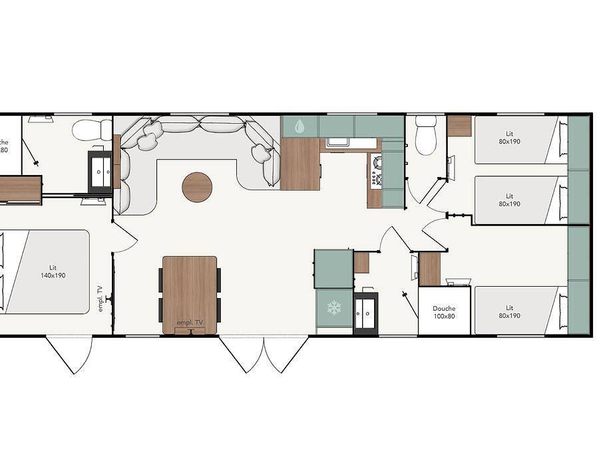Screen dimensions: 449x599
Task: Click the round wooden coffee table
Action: (197, 187)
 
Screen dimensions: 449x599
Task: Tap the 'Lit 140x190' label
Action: (53, 271)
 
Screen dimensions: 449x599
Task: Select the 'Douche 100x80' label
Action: (444, 312)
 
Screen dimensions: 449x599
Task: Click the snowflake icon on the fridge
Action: (333, 307)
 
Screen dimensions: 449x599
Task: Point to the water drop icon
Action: (299, 126)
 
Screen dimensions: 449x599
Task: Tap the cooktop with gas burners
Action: (377, 170)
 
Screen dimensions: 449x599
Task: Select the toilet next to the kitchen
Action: (425, 136)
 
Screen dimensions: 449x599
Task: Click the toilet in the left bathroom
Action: (93, 130)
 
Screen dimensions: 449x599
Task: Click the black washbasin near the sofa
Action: (100, 172)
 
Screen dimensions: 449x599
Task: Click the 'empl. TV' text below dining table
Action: (190, 323)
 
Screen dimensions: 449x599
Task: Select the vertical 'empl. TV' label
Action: (100, 299)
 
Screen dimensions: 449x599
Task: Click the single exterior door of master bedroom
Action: (69, 353)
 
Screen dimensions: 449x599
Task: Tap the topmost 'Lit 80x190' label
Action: (509, 137)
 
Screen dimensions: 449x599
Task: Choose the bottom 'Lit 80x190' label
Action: (509, 312)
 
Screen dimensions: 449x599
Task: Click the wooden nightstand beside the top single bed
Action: (459, 126)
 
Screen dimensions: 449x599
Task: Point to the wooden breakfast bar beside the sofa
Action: (300, 164)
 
